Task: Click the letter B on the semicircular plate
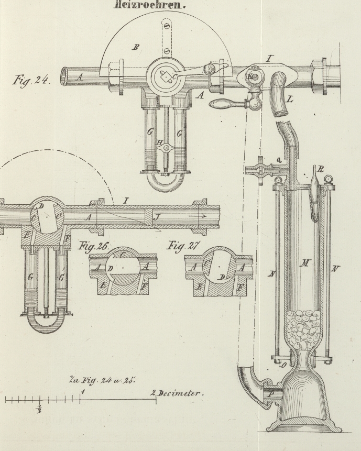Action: tap(136, 48)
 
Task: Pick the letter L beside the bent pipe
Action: tap(290, 98)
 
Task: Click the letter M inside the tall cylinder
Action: tap(302, 262)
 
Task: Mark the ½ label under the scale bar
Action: tap(39, 409)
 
